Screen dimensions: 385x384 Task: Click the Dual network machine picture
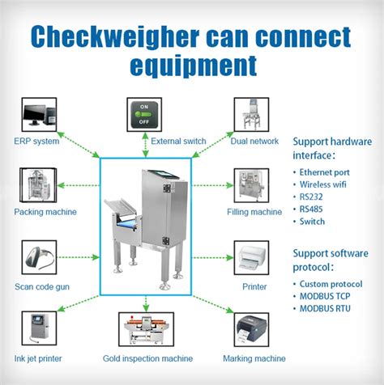(x=251, y=116)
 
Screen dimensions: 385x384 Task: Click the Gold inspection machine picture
(x=147, y=329)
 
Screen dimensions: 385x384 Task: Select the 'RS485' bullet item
(x=314, y=209)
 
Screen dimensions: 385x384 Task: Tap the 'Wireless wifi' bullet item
(x=325, y=184)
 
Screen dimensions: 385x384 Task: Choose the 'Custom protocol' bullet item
(x=331, y=284)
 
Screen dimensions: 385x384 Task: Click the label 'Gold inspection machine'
(x=147, y=358)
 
